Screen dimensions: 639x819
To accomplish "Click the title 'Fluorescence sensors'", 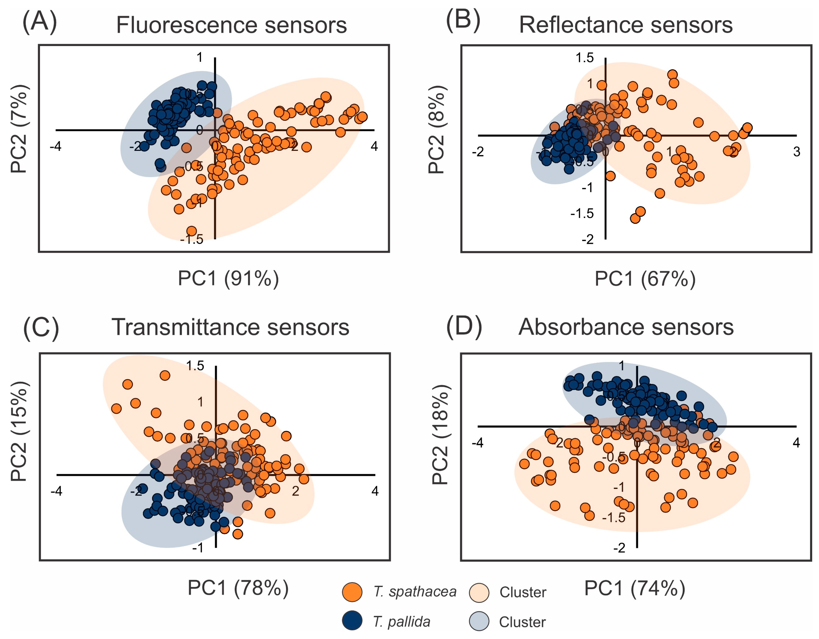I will click(x=231, y=25).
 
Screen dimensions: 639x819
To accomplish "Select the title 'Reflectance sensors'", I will click(x=625, y=25).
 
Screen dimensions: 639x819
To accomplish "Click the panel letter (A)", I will click(x=39, y=22).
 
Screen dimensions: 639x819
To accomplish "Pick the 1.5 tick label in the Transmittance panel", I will click(x=195, y=366).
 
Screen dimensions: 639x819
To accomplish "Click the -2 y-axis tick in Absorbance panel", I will click(x=619, y=548).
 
